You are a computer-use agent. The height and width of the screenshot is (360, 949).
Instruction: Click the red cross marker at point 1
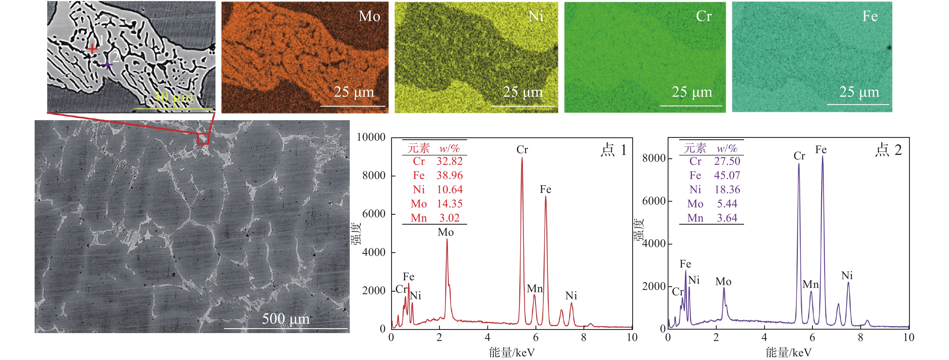(x=92, y=49)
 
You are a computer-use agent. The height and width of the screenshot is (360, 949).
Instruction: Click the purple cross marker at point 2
(x=107, y=65)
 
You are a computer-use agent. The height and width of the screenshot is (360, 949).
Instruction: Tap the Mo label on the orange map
(x=369, y=16)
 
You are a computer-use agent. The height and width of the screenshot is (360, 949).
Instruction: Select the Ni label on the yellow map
(x=536, y=16)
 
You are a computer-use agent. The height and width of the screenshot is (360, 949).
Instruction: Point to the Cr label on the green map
(x=704, y=16)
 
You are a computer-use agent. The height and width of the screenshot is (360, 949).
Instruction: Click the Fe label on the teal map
(x=870, y=16)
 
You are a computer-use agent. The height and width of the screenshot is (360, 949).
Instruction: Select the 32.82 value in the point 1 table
(x=450, y=161)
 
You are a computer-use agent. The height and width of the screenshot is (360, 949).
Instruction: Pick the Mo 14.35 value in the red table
(x=450, y=204)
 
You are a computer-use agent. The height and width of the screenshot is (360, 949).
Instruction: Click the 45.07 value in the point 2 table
(x=727, y=175)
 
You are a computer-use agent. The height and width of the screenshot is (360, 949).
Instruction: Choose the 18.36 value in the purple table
(x=727, y=190)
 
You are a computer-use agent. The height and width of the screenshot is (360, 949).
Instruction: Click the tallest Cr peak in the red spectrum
(x=522, y=159)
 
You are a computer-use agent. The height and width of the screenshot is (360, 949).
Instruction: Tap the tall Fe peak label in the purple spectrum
(x=821, y=150)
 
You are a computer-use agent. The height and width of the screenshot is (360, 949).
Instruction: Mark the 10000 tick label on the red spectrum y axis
(x=371, y=137)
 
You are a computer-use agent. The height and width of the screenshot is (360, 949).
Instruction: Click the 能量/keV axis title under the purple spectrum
(x=788, y=353)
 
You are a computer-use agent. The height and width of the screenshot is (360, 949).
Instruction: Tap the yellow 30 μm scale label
(x=173, y=97)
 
